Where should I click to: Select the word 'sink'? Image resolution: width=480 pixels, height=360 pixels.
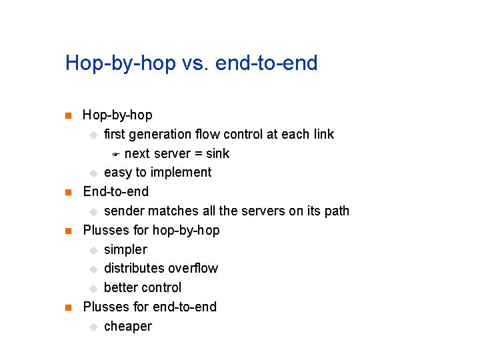coord(217,154)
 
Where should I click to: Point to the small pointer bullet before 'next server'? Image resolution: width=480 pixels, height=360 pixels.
coord(115,155)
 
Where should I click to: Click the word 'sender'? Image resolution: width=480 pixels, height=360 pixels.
coord(124,211)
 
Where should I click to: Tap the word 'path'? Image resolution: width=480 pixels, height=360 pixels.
coord(337,211)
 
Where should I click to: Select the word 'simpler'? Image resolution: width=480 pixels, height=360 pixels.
coord(125,250)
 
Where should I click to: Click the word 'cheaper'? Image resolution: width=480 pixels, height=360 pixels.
coord(127,327)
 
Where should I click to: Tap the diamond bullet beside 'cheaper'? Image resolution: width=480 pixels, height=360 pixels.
coord(93,327)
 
